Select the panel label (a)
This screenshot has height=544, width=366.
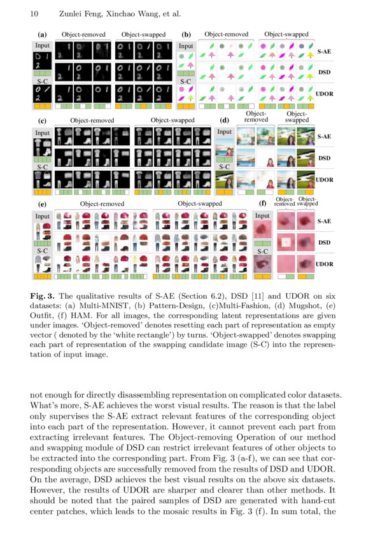[42, 34]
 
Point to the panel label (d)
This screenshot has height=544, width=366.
[224, 119]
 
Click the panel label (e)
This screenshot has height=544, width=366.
[42, 204]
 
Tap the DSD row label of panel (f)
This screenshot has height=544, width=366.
[324, 243]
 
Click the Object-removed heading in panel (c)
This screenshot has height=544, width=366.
[92, 119]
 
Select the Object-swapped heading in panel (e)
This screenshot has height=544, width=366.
[200, 204]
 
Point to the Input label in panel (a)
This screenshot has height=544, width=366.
[42, 46]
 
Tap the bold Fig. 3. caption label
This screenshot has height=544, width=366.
[45, 296]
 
